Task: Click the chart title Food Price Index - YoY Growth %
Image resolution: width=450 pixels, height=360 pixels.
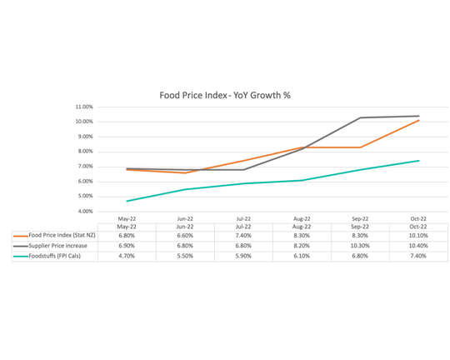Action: pos(225,95)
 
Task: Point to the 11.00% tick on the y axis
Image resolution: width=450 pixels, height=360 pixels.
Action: pos(83,107)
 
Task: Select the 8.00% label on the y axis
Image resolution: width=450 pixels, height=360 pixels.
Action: pos(84,152)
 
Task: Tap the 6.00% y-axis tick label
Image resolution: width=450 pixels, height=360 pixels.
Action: pos(84,182)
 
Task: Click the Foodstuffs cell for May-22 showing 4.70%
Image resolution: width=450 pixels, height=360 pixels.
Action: pos(127,256)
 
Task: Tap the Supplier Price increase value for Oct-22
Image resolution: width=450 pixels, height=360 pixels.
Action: pos(418,246)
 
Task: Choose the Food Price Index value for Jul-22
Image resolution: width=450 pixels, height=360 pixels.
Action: pos(243,236)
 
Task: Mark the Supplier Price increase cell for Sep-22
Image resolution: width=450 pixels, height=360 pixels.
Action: pos(360,246)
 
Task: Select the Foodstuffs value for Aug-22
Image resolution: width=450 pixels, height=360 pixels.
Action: pos(302,256)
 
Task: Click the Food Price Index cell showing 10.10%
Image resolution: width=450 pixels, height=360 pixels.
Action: pos(418,236)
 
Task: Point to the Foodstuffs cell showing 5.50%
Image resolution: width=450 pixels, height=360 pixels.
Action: pos(185,256)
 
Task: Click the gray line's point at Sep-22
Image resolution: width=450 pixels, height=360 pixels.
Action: pos(360,117)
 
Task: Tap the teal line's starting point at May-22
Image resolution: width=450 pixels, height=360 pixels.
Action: pos(127,201)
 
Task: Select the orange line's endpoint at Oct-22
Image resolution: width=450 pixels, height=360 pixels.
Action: pos(418,120)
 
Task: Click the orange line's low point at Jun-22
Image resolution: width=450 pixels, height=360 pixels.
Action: pos(185,172)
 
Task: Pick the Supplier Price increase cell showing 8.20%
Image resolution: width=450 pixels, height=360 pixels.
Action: pos(302,246)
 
